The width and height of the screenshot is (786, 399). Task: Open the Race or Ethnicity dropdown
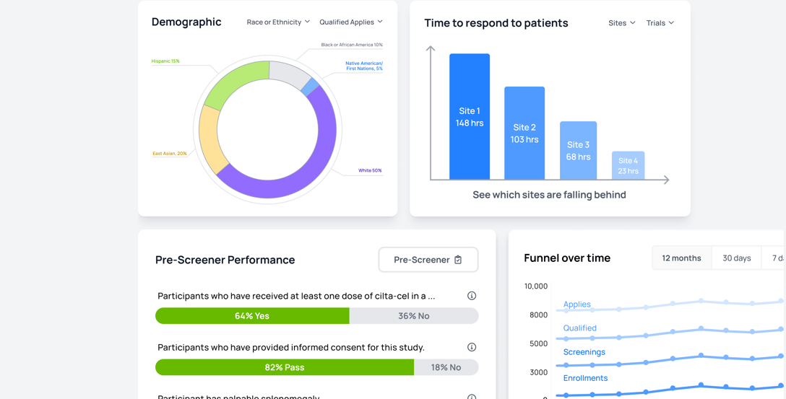point(278,22)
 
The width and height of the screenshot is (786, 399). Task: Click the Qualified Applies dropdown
point(351,22)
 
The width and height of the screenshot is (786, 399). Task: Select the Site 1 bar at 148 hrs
point(470,117)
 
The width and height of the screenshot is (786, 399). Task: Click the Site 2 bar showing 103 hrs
point(524,133)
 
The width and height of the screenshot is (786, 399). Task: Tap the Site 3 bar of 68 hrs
point(578,151)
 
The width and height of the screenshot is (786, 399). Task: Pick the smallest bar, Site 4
point(628,166)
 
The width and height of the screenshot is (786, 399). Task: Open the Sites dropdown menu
point(622,23)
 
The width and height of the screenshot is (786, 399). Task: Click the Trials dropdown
point(660,23)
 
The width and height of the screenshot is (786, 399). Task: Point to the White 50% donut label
point(370,171)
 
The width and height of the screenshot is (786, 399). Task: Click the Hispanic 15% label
point(165,61)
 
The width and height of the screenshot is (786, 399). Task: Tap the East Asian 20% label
point(170,154)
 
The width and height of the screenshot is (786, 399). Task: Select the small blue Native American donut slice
point(310,87)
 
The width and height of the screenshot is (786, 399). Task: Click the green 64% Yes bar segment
point(252,316)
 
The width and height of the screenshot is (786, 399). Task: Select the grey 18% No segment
point(446,367)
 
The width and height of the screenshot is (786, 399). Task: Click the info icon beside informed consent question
point(472,347)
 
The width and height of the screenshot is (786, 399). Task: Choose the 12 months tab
point(681,258)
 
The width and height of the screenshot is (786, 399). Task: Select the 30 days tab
point(736,258)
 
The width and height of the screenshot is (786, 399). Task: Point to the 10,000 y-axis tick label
point(535,286)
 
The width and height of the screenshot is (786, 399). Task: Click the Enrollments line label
point(585,378)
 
